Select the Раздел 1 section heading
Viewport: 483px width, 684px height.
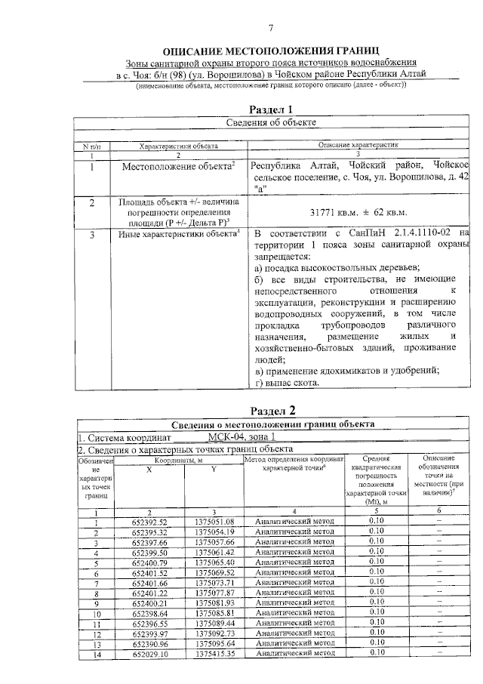tap(270, 109)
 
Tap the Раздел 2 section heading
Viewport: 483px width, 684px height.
tap(271, 411)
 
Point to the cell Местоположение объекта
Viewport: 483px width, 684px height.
tap(179, 166)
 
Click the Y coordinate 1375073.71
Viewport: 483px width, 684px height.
tap(215, 583)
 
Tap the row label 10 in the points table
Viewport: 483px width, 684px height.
tap(96, 613)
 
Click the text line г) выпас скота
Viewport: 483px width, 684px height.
tap(288, 383)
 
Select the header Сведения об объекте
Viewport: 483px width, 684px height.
tap(271, 122)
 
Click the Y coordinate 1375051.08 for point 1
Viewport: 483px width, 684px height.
tap(215, 522)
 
